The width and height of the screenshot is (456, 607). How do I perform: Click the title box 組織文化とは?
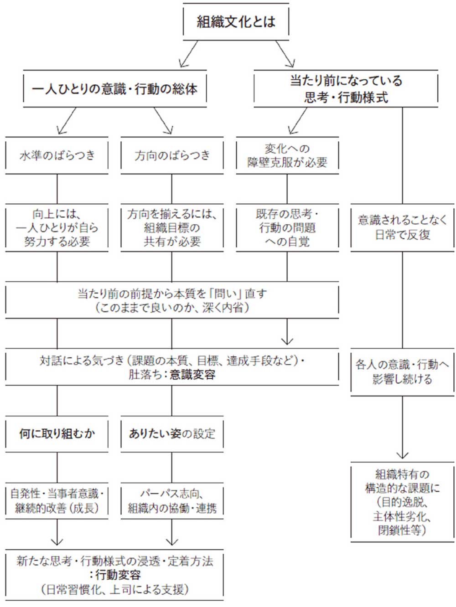point(236,21)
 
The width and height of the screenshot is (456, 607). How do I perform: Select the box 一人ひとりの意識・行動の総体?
point(114,89)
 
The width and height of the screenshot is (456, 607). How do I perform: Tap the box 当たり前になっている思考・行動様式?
point(346,89)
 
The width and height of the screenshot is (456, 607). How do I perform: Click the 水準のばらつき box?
point(57,155)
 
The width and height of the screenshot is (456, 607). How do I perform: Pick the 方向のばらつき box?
point(172,155)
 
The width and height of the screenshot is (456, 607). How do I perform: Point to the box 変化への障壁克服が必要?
point(287,155)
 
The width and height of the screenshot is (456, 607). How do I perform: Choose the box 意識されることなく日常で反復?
point(402,227)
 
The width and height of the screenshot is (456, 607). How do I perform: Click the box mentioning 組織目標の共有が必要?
point(172,227)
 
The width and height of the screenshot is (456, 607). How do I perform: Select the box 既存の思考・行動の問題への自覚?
point(287,227)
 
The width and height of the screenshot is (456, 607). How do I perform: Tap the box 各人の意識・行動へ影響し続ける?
point(402,371)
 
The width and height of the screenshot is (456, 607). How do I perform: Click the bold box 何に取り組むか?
point(57,433)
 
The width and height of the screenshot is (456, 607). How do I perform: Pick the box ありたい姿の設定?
point(172,433)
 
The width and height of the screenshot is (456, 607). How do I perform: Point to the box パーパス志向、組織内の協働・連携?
point(172,501)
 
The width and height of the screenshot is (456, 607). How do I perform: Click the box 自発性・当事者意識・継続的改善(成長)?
point(57,501)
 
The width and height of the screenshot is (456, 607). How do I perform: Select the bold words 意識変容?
point(192,375)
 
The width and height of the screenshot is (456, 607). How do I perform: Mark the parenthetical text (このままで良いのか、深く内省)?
point(172,308)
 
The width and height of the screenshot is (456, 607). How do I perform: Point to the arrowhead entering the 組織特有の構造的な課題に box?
point(402,455)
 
